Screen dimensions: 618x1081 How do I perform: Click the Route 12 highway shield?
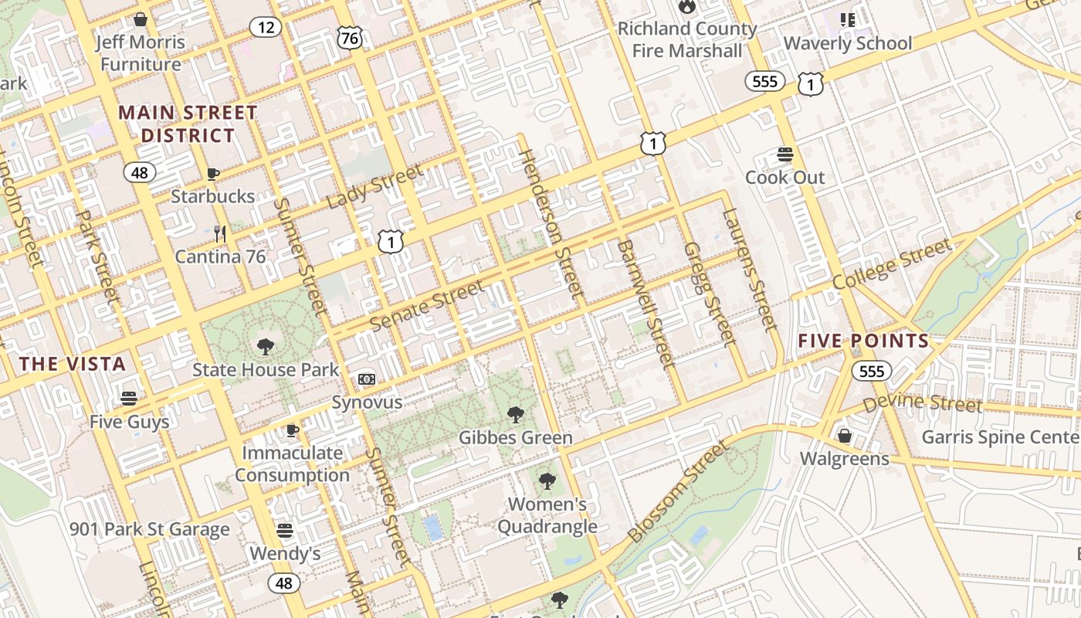point(265,28)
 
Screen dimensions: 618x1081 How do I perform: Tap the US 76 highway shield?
point(350,39)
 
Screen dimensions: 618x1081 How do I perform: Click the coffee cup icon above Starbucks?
point(213,174)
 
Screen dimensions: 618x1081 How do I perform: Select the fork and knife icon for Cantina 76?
point(220,233)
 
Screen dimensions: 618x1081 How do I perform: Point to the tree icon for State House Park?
point(265,346)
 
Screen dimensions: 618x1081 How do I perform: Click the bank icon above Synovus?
point(367,379)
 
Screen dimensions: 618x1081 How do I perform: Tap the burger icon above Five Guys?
point(129,399)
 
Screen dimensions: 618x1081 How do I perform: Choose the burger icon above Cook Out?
point(785,154)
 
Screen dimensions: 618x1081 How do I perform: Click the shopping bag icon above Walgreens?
point(845,436)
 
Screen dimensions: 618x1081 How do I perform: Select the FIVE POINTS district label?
point(863,341)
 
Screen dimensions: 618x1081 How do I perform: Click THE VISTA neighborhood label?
point(73,364)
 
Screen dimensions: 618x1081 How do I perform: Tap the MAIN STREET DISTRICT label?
point(188,124)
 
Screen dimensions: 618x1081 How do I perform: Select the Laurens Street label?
point(747,270)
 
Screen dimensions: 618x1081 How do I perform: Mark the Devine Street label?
point(922,402)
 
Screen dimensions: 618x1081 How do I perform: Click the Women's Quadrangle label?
point(547,515)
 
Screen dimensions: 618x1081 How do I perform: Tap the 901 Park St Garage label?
point(150,529)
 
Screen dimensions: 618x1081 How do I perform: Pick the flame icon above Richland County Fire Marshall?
point(686,7)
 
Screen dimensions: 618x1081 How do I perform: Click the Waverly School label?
point(848,43)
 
